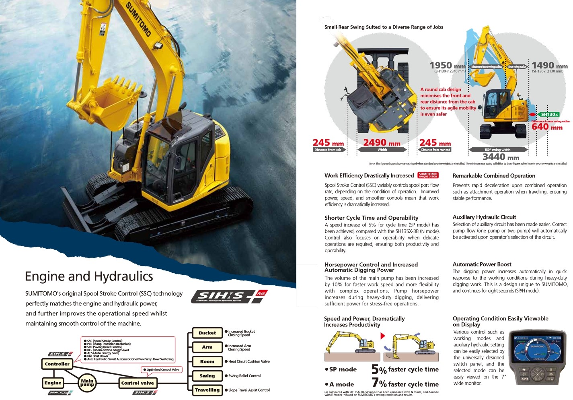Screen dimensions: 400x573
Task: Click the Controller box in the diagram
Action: click(x=57, y=364)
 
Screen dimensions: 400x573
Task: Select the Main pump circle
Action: click(x=87, y=382)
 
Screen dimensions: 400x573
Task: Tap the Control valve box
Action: click(x=138, y=383)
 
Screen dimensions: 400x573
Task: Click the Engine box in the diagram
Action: click(x=53, y=383)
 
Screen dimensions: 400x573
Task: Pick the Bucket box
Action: click(x=207, y=333)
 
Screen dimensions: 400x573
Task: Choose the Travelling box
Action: click(x=207, y=390)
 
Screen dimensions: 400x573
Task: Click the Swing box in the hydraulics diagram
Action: click(x=207, y=376)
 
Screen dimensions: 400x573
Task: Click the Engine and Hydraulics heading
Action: click(x=89, y=276)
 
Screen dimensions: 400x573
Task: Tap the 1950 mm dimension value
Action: click(x=447, y=65)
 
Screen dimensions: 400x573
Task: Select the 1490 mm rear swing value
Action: click(x=549, y=65)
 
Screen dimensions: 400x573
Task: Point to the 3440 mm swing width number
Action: click(x=501, y=157)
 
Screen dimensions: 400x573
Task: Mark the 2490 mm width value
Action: click(x=382, y=142)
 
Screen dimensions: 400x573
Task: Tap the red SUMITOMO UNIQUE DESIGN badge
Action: click(x=428, y=175)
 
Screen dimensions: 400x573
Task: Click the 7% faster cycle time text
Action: click(x=405, y=384)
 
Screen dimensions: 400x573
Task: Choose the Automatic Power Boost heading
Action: click(x=482, y=264)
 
